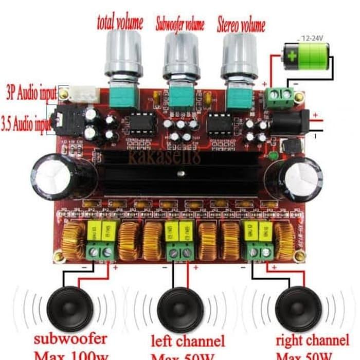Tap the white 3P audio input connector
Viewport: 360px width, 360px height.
[x=82, y=95]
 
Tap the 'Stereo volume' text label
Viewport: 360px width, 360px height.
[x=241, y=24]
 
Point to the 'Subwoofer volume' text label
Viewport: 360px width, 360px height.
[x=179, y=24]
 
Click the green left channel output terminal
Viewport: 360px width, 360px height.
[x=179, y=252]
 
